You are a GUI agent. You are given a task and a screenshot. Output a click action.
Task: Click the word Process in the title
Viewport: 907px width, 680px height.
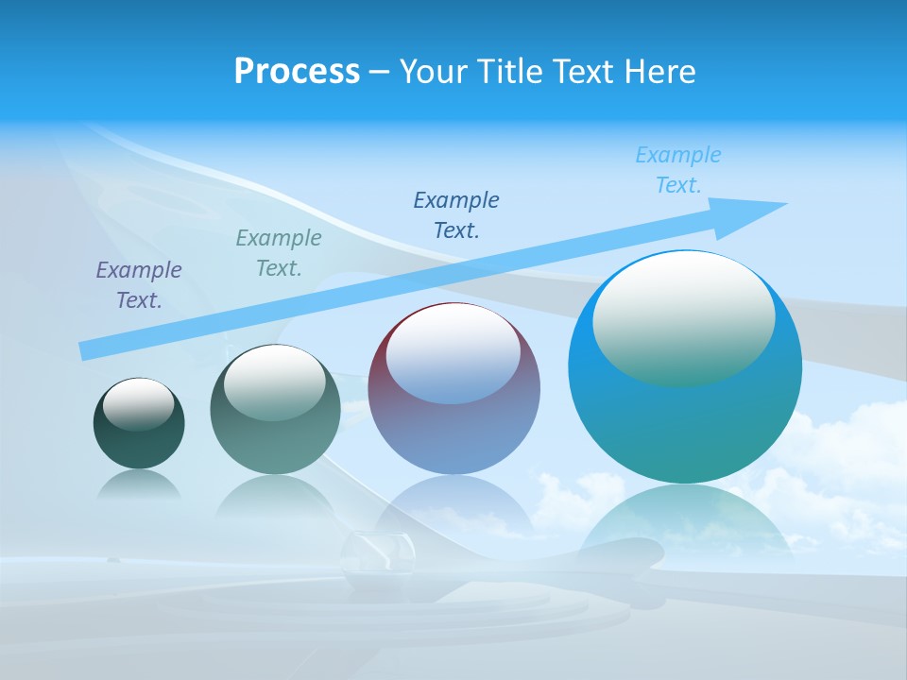tap(297, 72)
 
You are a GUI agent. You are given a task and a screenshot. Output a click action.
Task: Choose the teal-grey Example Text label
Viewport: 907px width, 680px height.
tap(279, 253)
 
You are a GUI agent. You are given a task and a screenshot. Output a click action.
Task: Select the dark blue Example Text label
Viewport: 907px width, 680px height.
tap(456, 214)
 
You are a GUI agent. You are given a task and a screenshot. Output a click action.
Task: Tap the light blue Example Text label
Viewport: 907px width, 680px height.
tap(678, 170)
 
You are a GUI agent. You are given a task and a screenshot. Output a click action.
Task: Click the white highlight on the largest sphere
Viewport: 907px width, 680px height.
tap(683, 316)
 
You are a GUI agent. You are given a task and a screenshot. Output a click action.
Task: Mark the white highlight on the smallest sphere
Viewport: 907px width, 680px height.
tap(139, 404)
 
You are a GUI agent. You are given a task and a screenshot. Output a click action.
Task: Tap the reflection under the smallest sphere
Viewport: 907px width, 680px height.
tap(139, 484)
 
